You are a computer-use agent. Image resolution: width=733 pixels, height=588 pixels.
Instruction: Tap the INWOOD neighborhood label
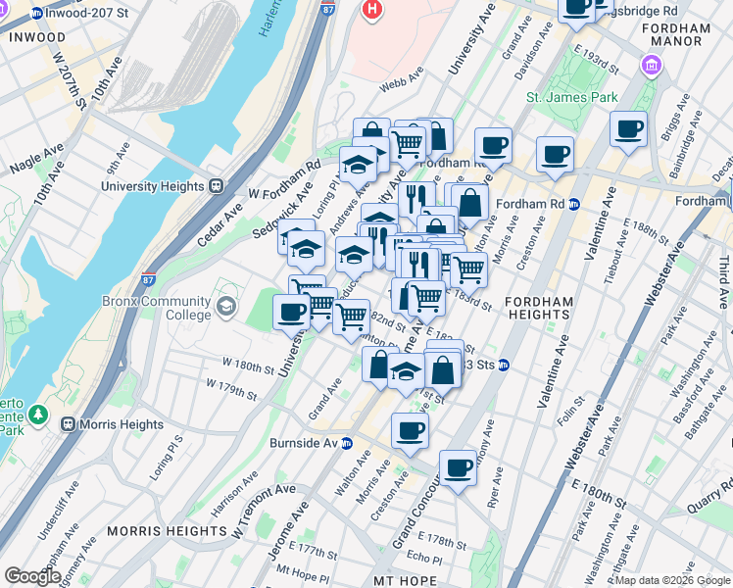[x=36, y=36]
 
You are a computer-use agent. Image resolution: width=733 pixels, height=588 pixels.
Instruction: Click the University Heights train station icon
[x=216, y=186]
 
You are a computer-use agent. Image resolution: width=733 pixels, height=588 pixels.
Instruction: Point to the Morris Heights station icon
[x=68, y=424]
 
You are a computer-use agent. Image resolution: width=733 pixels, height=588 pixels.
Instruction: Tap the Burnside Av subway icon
[x=347, y=443]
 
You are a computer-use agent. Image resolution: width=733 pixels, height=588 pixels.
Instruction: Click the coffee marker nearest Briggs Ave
[x=627, y=128]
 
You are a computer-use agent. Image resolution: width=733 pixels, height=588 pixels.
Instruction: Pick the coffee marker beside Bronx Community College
[x=291, y=313]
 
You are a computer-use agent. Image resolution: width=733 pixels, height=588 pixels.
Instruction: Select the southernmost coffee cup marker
[x=457, y=467]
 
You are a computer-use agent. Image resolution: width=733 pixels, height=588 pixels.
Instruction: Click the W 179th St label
[x=231, y=395]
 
